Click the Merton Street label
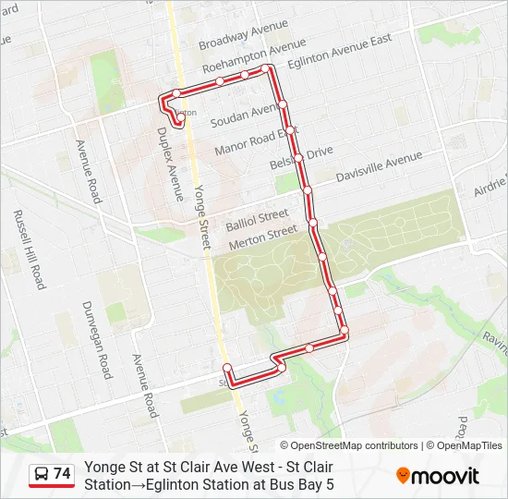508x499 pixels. click(262, 237)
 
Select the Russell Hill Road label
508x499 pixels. click(29, 249)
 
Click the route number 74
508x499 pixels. click(63, 473)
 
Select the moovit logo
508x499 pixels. click(438, 476)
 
